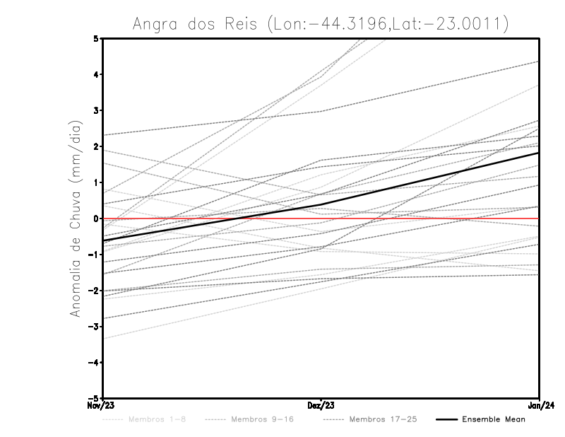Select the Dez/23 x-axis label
(x=321, y=407)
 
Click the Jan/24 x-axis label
(x=540, y=407)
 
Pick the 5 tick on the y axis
(x=96, y=38)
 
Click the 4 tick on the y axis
(x=96, y=74)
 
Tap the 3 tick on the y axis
(x=96, y=110)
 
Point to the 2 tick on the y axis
(x=96, y=146)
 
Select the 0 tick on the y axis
(x=96, y=218)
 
